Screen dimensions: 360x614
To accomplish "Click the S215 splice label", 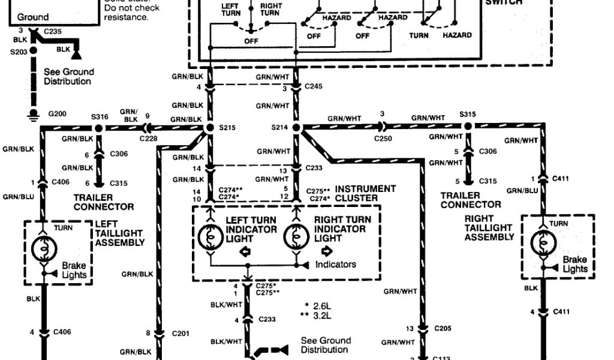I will [227, 128].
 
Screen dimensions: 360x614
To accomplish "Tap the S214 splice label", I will [279, 128].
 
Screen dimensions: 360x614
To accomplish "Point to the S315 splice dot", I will [468, 127].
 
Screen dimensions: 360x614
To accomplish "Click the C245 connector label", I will [313, 86].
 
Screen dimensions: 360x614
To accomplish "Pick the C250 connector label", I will [383, 139].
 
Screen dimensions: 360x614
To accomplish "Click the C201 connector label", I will [181, 332].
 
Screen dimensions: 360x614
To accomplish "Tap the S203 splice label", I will [19, 52].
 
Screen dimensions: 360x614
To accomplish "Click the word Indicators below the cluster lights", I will [335, 264].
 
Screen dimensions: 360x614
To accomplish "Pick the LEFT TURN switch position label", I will [230, 9].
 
